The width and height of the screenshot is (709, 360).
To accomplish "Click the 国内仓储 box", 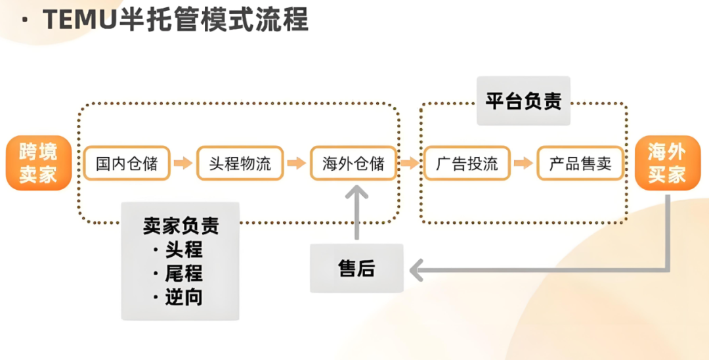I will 127,164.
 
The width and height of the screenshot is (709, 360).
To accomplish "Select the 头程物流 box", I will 240,164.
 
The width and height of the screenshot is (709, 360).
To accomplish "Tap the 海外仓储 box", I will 353,164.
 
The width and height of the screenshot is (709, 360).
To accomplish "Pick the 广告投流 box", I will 467,164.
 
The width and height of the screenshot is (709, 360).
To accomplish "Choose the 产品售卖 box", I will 580,164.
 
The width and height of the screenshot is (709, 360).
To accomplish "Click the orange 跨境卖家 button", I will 38,163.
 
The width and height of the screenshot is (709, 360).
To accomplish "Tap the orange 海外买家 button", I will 666,163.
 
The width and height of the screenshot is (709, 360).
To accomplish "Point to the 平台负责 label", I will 523,101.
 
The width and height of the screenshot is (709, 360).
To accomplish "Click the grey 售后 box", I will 356,268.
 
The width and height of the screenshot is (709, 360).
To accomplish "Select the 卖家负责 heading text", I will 181,226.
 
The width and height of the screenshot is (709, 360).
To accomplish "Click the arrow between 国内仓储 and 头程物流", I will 183,164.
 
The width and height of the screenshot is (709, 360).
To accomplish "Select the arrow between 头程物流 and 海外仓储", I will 297,164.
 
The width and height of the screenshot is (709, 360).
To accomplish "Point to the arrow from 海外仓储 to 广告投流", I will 410,164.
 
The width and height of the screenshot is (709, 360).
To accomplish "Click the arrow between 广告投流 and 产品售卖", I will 523,164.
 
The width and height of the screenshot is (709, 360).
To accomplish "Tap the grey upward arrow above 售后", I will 356,210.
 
